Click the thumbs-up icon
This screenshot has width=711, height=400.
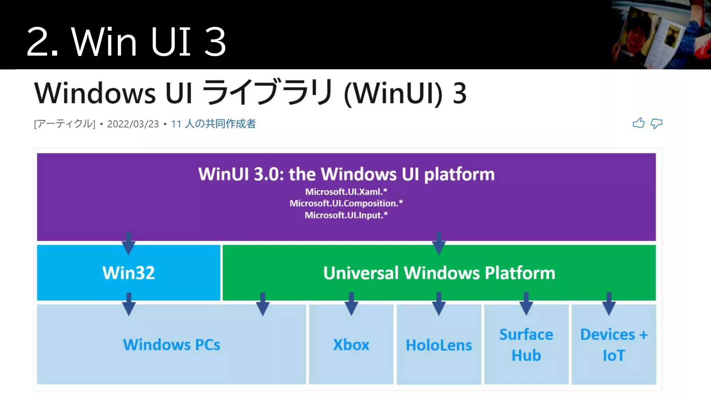[638, 123]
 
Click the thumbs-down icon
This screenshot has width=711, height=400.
[656, 124]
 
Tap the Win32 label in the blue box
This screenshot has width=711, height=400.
[128, 273]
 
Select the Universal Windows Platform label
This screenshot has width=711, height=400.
[439, 273]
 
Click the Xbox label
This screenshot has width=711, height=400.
[351, 345]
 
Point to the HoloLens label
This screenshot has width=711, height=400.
[439, 345]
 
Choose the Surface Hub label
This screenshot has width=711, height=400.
[526, 345]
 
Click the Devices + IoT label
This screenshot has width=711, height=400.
[614, 345]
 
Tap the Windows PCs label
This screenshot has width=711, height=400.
[172, 345]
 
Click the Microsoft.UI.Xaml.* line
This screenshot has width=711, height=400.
[346, 192]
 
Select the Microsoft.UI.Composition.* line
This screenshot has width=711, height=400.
[346, 203]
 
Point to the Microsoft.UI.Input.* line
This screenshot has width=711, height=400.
[346, 215]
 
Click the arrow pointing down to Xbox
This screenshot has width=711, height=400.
[351, 304]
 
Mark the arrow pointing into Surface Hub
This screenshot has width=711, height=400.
[526, 304]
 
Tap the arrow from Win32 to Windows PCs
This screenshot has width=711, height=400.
[129, 304]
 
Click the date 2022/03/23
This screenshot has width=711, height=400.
[133, 124]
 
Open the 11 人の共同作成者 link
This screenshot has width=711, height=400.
[214, 124]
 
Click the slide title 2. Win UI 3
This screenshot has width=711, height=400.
[126, 42]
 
